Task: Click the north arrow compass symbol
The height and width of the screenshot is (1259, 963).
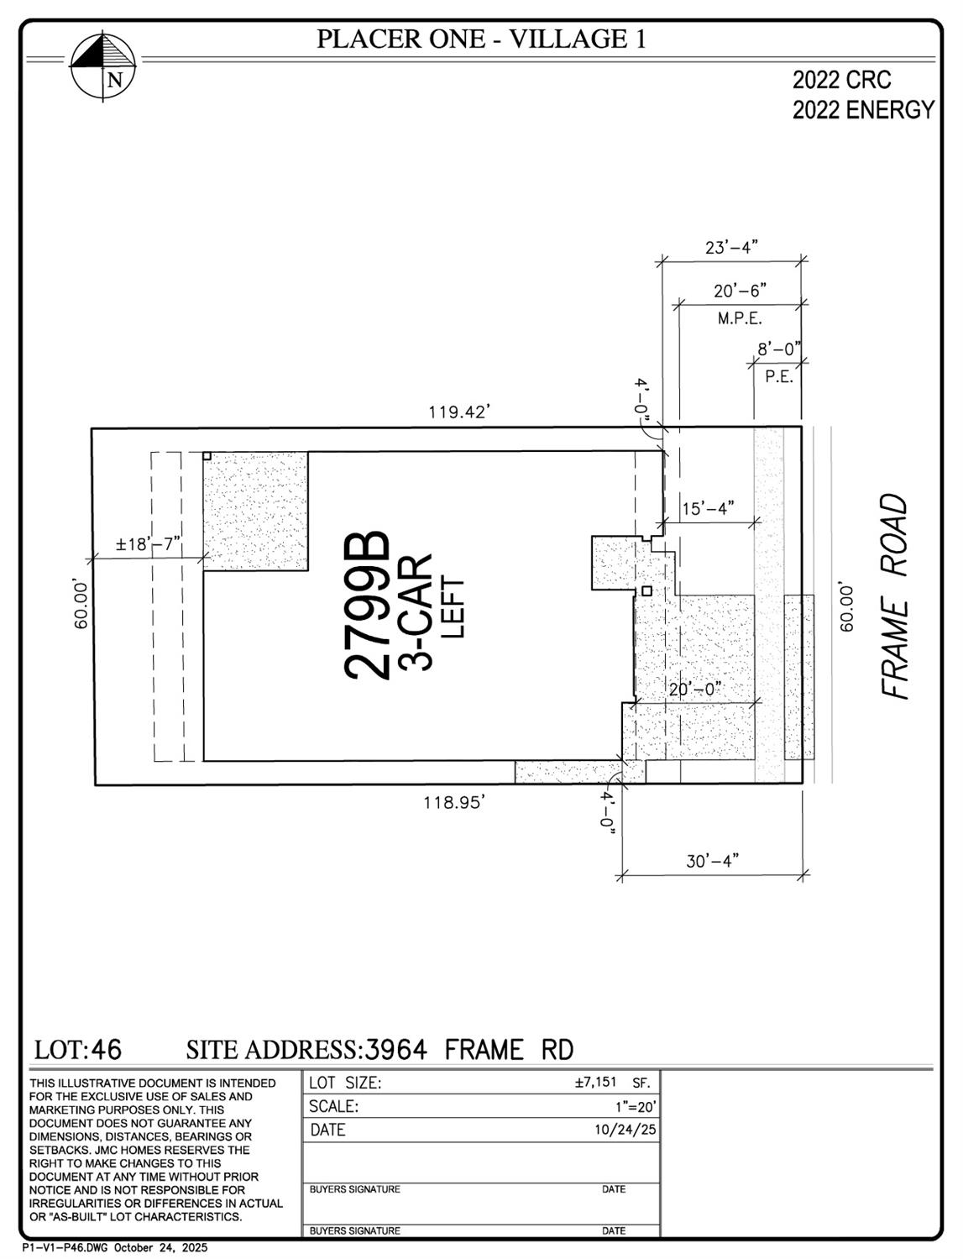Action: (x=103, y=66)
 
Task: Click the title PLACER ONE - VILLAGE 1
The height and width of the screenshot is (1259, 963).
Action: (x=481, y=39)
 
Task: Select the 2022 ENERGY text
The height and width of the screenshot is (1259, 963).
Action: (x=863, y=110)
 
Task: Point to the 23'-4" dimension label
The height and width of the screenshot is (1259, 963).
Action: (x=731, y=247)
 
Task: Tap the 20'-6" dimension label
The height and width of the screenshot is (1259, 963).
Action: (x=740, y=291)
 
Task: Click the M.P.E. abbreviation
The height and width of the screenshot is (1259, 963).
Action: (x=739, y=318)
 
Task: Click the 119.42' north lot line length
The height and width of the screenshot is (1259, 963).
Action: (x=458, y=412)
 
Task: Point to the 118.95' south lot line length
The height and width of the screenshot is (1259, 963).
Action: (x=454, y=803)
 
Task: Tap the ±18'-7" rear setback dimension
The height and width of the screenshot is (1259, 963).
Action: (x=148, y=543)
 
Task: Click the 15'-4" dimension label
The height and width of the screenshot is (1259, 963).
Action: (x=708, y=508)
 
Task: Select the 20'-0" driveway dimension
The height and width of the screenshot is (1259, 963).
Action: (x=695, y=689)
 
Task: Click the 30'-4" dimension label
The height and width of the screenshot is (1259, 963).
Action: (x=712, y=862)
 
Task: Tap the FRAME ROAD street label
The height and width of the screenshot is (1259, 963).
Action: (x=896, y=596)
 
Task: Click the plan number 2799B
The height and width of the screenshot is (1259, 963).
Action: (x=368, y=605)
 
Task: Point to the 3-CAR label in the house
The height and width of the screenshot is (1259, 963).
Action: (x=416, y=611)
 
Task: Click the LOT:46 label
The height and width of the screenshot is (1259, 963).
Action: (x=78, y=1050)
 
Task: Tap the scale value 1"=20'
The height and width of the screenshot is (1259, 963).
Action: (x=636, y=1107)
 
